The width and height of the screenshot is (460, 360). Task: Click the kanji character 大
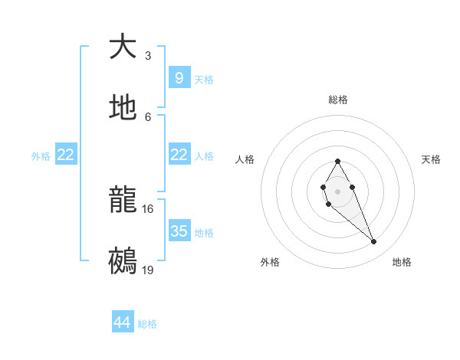pyautogui.click(x=123, y=47)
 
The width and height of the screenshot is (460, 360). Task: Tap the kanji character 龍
pyautogui.click(x=123, y=201)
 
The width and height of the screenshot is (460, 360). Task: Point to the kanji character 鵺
pyautogui.click(x=123, y=261)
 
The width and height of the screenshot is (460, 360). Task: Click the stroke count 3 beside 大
pyautogui.click(x=148, y=56)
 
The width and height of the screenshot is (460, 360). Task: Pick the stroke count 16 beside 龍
pyautogui.click(x=148, y=209)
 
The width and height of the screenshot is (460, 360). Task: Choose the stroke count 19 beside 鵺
pyautogui.click(x=148, y=270)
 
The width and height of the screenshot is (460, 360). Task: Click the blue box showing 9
pyautogui.click(x=179, y=77)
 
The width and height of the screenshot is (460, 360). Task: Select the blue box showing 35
pyautogui.click(x=179, y=231)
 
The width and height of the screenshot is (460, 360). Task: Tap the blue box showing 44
pyautogui.click(x=123, y=322)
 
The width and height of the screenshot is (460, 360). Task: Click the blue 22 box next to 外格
pyautogui.click(x=66, y=155)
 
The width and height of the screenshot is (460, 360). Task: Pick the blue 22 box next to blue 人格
pyautogui.click(x=179, y=155)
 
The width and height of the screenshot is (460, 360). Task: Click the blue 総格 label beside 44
pyautogui.click(x=147, y=324)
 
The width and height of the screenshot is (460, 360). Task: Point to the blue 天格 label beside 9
pyautogui.click(x=204, y=80)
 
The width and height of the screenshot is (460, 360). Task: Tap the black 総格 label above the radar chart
pyautogui.click(x=338, y=100)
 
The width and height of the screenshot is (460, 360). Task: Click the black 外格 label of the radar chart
pyautogui.click(x=270, y=262)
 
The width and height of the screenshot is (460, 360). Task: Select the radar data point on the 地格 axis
pyautogui.click(x=374, y=242)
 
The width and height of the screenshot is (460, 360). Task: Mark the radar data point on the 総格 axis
pyautogui.click(x=337, y=161)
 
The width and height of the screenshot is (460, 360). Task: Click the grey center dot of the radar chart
pyautogui.click(x=337, y=190)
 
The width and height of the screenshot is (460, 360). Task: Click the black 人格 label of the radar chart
pyautogui.click(x=245, y=159)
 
